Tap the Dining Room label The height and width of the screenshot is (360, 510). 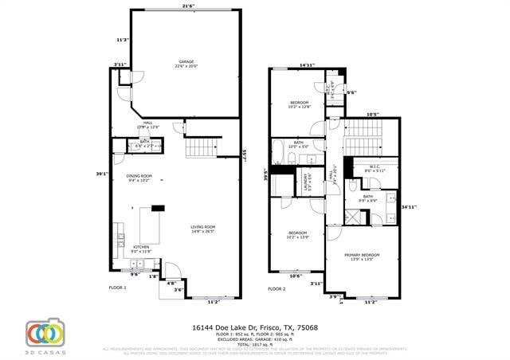pos(139,178)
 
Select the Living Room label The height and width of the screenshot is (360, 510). pos(202,229)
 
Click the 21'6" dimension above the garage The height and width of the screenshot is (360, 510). pos(188,6)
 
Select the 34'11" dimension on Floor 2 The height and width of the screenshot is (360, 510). pos(409,207)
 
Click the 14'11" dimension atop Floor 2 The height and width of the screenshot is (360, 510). pos(307,65)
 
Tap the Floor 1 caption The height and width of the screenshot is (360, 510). pos(118,287)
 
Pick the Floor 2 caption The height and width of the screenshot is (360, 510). pos(277,288)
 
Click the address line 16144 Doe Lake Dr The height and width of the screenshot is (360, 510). pos(255,327)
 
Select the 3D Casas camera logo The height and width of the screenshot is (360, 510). pos(45,334)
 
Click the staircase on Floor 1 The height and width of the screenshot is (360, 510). pos(204,147)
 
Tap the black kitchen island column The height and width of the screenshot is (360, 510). pos(158,208)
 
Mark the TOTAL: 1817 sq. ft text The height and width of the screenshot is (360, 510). pos(255,344)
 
